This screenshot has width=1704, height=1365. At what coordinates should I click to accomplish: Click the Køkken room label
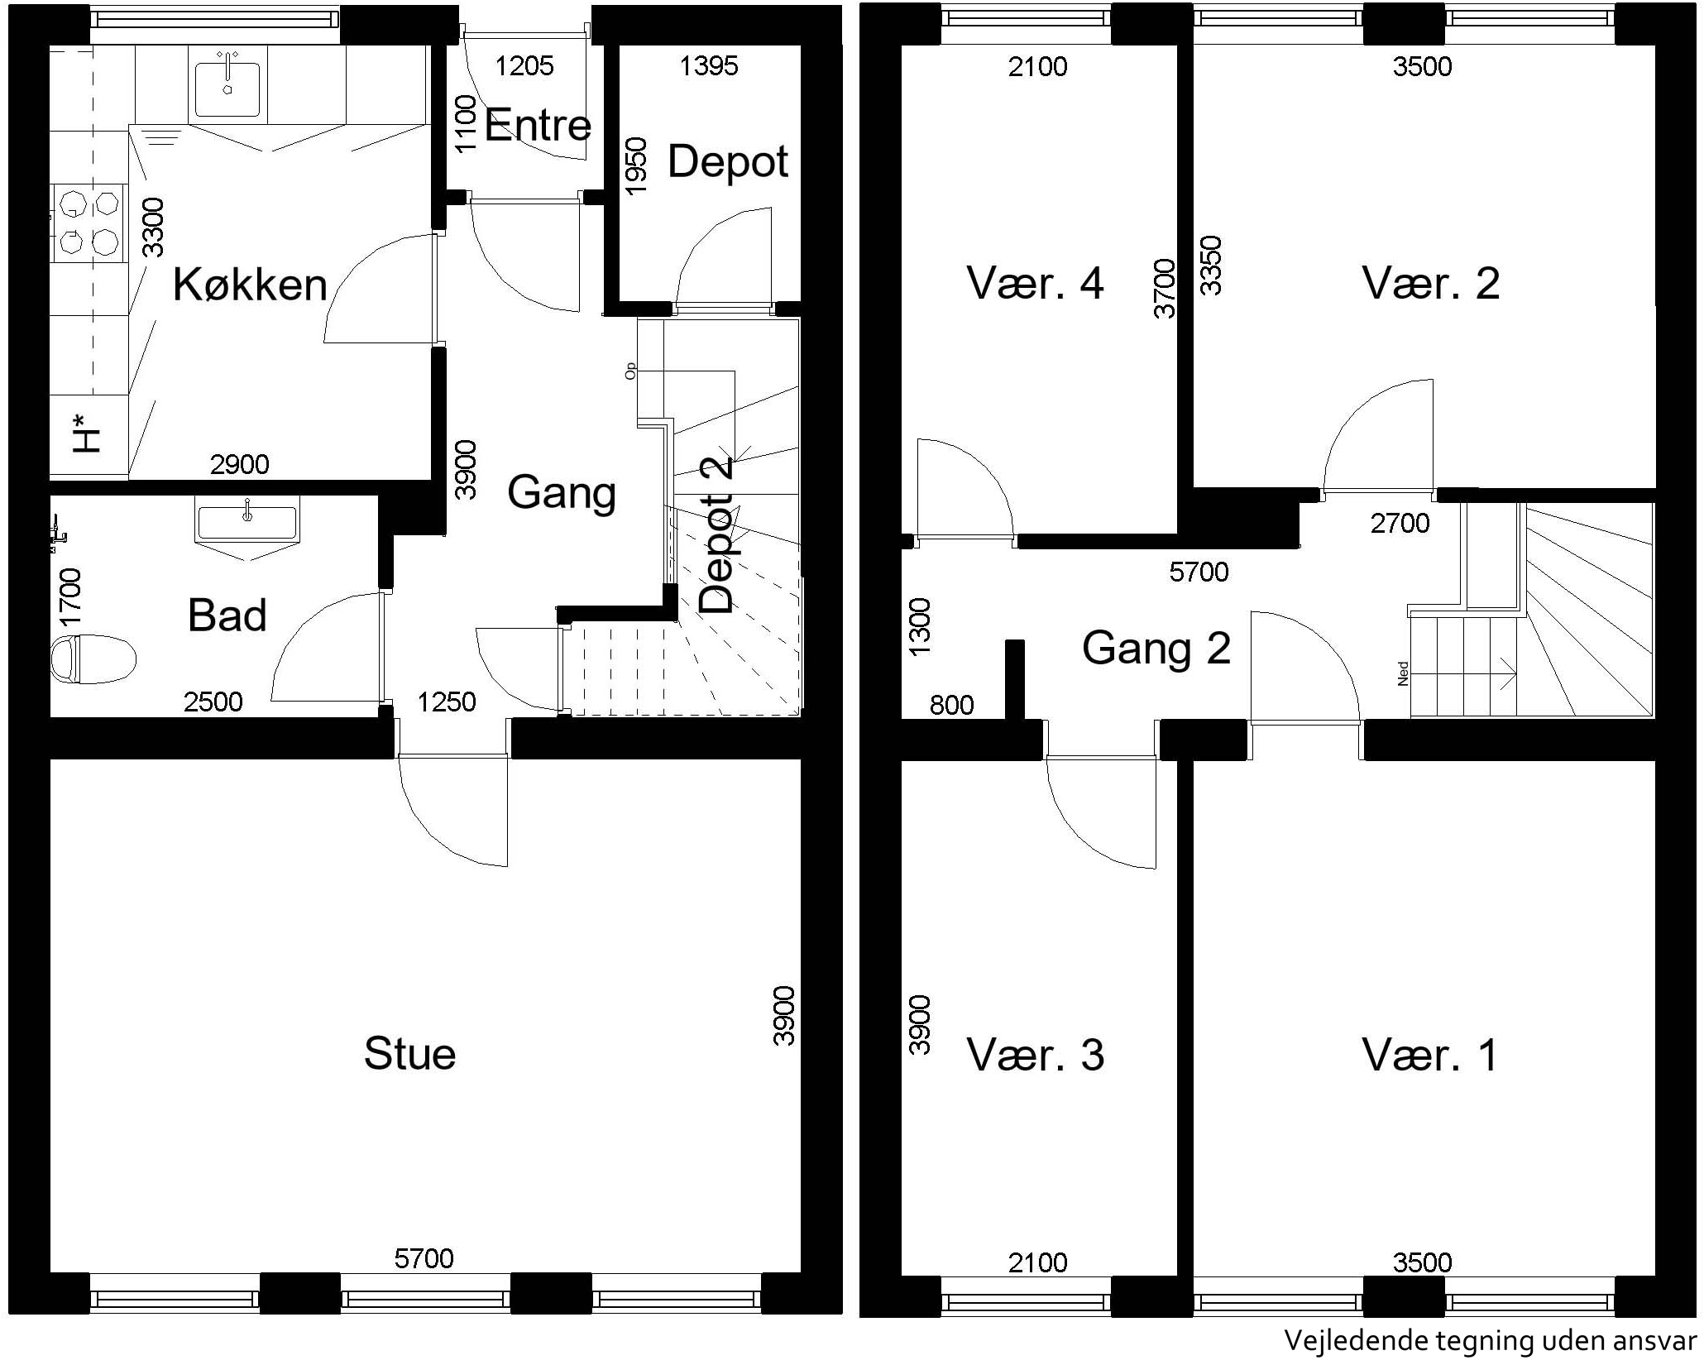(x=250, y=285)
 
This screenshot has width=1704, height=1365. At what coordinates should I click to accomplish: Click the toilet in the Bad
(x=93, y=659)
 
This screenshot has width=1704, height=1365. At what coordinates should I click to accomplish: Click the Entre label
(x=538, y=126)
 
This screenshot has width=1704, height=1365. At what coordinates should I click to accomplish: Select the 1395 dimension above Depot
(x=709, y=66)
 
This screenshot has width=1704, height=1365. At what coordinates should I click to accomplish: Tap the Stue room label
(x=410, y=1054)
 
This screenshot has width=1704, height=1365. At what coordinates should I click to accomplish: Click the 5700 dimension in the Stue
(x=424, y=1258)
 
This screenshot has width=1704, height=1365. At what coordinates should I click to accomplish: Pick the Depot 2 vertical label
(x=716, y=536)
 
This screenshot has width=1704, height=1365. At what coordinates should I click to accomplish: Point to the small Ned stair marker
(x=1402, y=673)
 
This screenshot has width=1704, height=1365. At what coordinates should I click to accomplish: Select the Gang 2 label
(x=1156, y=648)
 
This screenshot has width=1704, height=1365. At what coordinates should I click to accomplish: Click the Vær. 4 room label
(x=1036, y=283)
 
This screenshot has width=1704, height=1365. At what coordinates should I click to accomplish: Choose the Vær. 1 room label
(x=1430, y=1056)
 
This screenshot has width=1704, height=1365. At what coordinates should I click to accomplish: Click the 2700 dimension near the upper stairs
(x=1400, y=523)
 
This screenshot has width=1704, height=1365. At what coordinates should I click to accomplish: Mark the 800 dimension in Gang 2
(x=952, y=705)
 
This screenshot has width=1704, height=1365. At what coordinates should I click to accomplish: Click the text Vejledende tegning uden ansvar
(x=1489, y=1340)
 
